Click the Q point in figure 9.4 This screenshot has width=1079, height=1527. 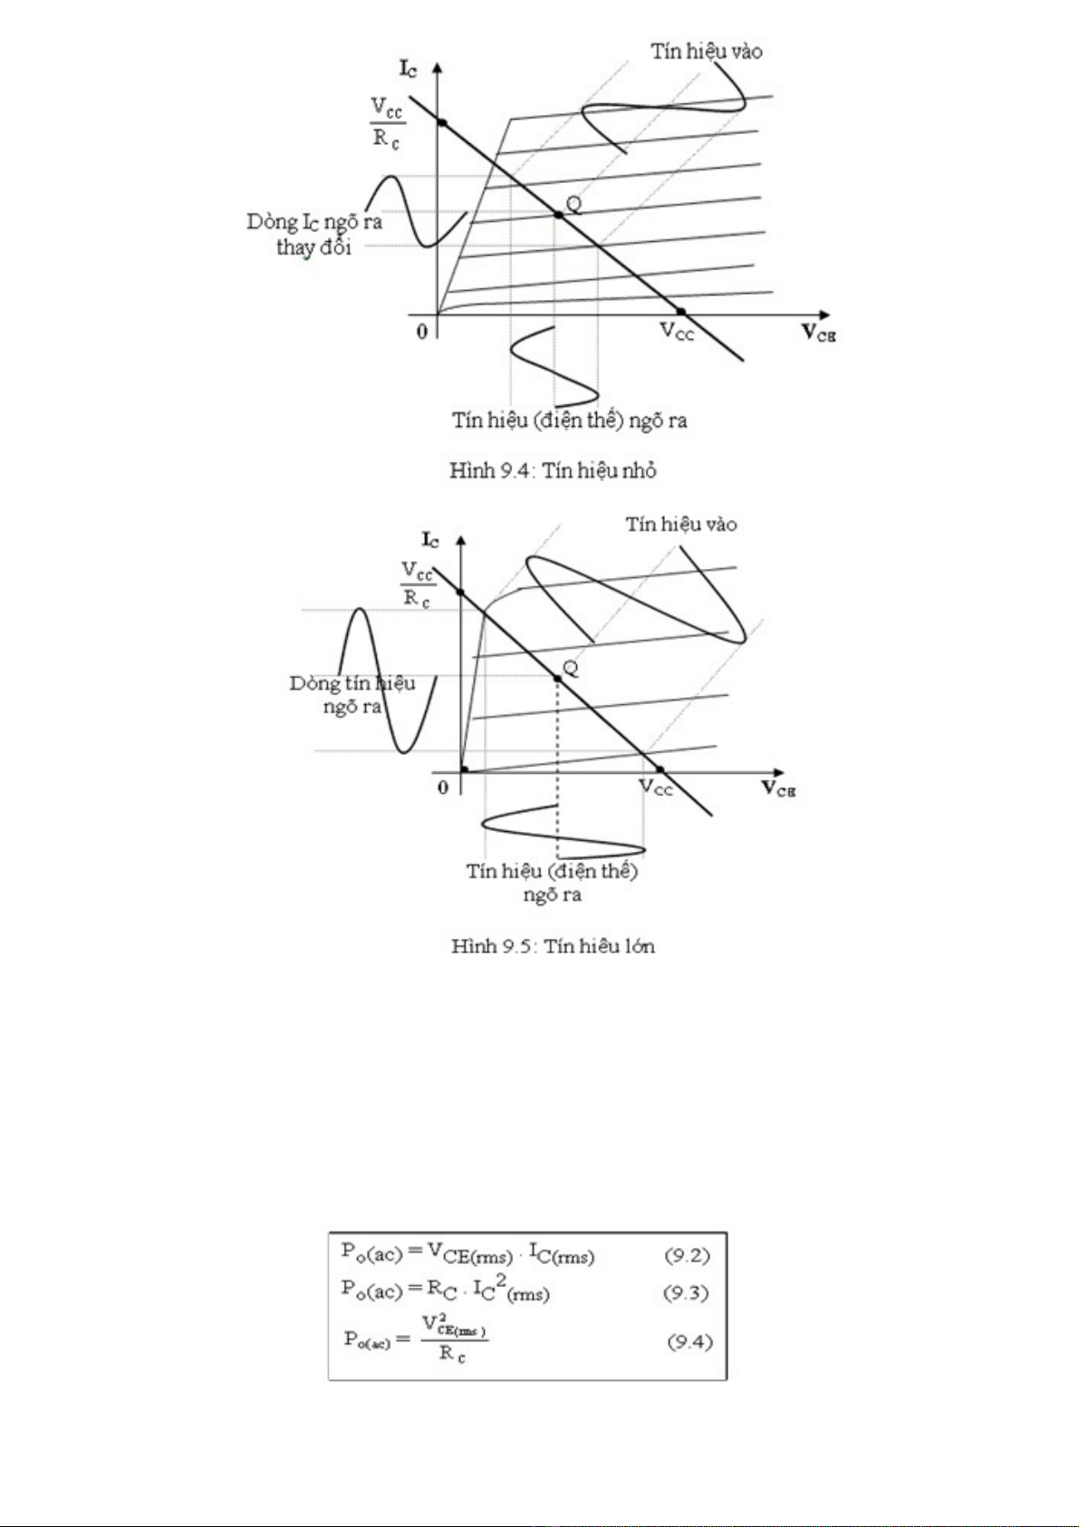click(x=559, y=215)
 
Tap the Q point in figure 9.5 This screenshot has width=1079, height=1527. click(x=557, y=678)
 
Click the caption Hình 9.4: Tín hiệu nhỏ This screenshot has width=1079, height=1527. click(x=553, y=470)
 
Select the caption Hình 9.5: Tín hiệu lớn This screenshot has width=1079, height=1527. click(x=553, y=946)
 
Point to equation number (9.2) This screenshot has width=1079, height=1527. click(x=688, y=1255)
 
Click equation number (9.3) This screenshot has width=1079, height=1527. click(x=686, y=1293)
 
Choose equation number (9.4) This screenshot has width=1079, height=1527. click(x=689, y=1341)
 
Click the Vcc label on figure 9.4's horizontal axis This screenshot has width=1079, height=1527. click(x=677, y=332)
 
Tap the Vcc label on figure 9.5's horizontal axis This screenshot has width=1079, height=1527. click(x=656, y=788)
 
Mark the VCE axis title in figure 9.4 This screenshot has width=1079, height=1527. click(x=818, y=333)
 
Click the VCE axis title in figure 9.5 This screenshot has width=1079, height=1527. click(x=778, y=788)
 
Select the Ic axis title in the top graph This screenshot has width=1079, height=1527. click(x=409, y=68)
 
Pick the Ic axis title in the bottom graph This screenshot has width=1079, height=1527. click(x=430, y=540)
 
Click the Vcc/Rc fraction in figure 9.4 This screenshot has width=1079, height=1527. click(x=387, y=124)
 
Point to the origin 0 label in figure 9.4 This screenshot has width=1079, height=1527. click(x=422, y=332)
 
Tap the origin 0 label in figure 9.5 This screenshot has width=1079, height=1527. click(x=443, y=788)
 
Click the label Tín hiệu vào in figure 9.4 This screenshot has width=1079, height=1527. click(x=707, y=51)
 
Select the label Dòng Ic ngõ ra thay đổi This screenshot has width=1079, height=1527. click(x=314, y=234)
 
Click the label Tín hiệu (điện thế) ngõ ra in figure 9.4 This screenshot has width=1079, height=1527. click(x=570, y=420)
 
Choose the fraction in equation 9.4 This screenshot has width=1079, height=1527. click(x=454, y=1341)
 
